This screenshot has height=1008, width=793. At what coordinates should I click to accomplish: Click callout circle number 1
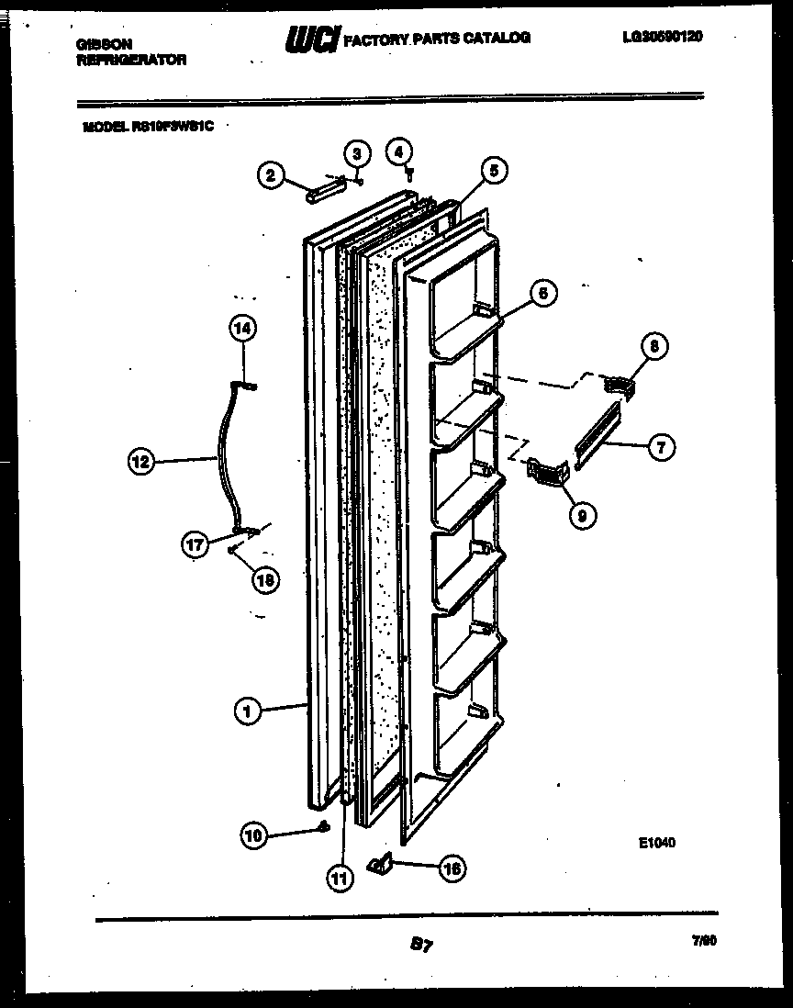click(245, 709)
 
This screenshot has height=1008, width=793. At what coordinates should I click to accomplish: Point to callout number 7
click(661, 448)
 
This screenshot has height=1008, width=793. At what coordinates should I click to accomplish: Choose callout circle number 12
click(140, 463)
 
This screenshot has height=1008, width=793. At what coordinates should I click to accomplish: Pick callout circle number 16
click(452, 868)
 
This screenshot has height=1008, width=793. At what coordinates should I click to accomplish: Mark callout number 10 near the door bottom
click(253, 834)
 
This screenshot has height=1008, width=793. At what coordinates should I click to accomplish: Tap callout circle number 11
click(341, 878)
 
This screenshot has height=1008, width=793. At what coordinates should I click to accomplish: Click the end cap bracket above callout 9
click(549, 472)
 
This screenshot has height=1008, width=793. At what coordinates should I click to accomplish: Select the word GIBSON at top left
click(102, 43)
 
